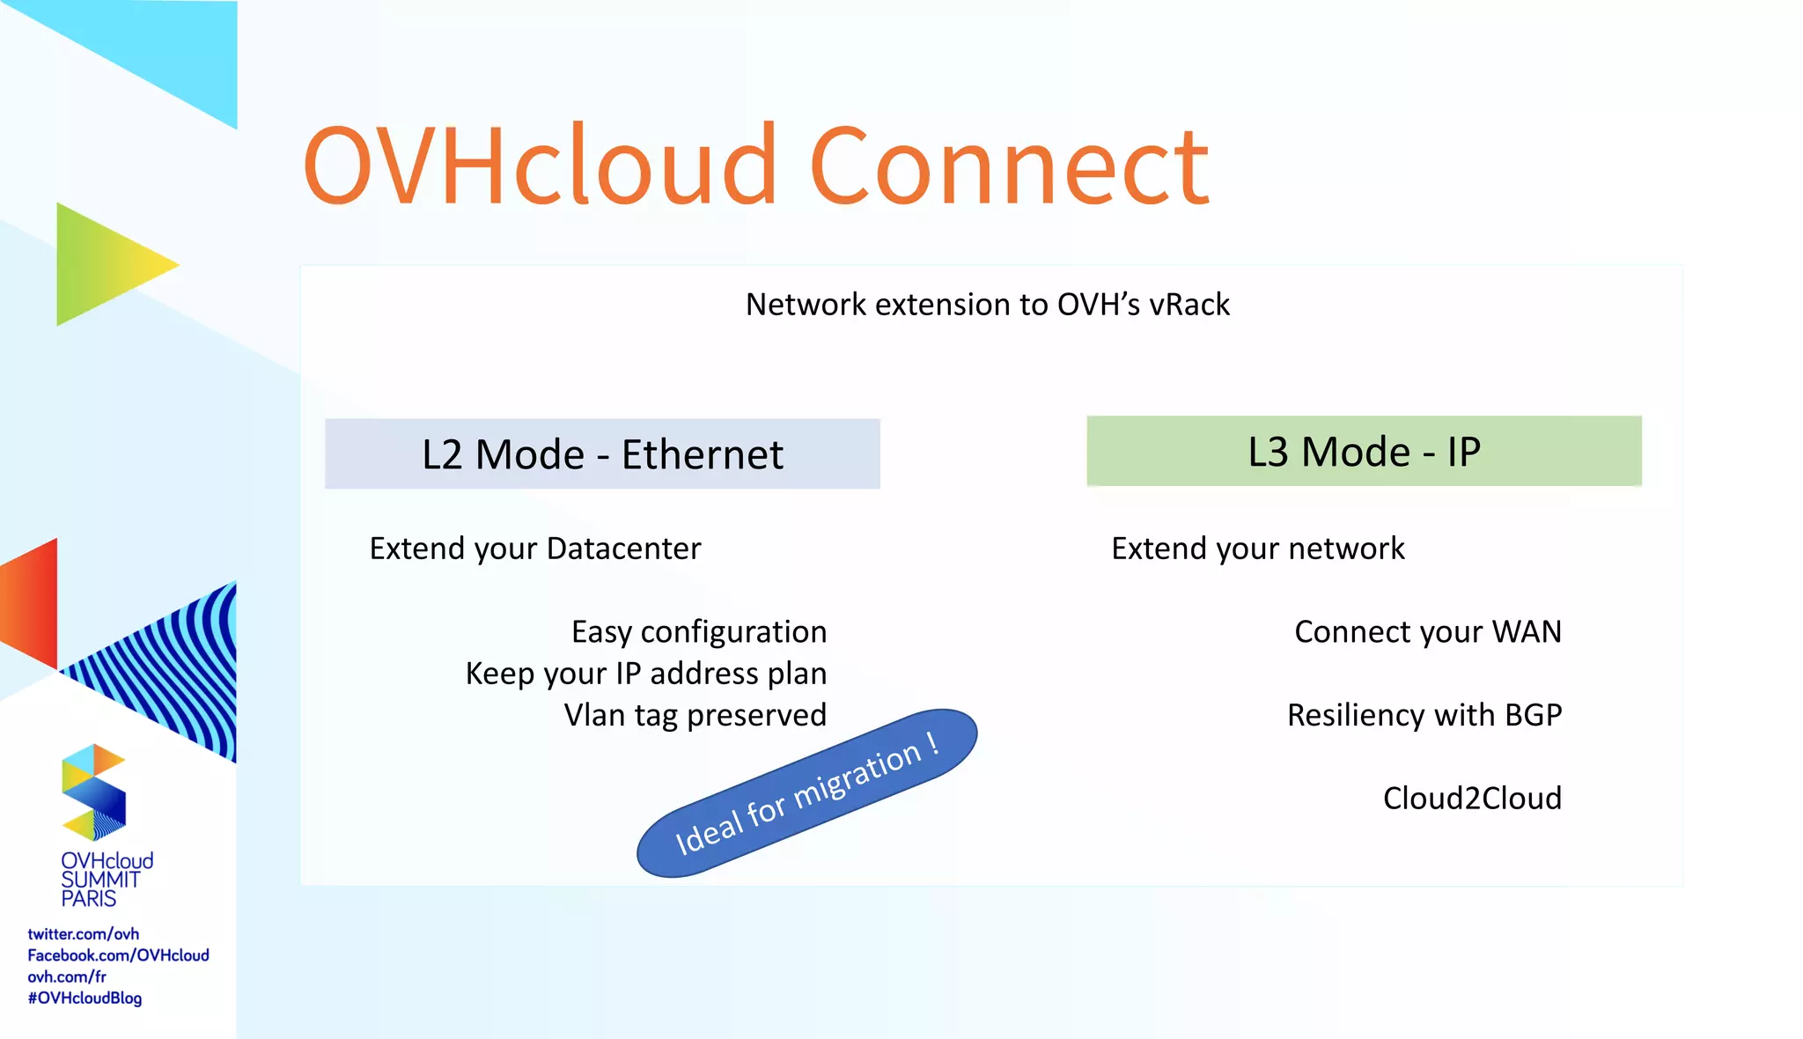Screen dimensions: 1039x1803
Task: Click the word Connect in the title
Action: tap(1009, 167)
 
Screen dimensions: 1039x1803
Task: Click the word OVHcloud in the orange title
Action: tap(540, 167)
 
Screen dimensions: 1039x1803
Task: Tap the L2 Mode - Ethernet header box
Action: tap(602, 454)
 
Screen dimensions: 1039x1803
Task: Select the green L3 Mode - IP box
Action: tap(1364, 452)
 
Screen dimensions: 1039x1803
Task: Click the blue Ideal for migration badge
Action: tap(806, 793)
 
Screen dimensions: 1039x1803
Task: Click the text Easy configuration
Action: tap(698, 632)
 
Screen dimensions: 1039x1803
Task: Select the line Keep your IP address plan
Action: tap(645, 674)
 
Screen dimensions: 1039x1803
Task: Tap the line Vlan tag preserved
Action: tap(695, 715)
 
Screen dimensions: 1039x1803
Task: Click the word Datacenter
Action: tap(623, 549)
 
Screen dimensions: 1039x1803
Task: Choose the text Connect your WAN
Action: tap(1427, 632)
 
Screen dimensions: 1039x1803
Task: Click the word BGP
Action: tap(1533, 715)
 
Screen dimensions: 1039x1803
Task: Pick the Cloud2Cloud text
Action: tap(1471, 799)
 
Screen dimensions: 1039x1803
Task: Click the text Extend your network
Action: tap(1257, 549)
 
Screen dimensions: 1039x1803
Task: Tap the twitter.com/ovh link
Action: tap(83, 934)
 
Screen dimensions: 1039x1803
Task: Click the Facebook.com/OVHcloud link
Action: tap(118, 955)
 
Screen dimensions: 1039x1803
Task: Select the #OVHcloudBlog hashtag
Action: tap(85, 998)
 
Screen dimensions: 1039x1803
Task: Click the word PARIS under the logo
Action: tap(88, 899)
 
